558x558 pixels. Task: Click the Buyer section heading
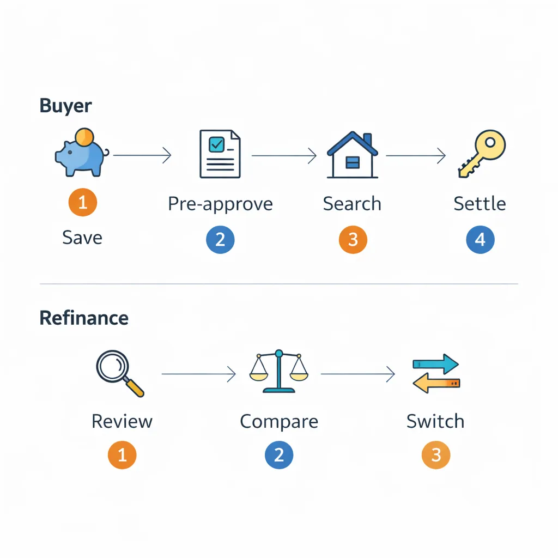[65, 106]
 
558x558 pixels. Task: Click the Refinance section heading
[84, 318]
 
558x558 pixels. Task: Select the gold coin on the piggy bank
[85, 136]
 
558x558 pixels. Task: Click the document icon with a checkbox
[220, 154]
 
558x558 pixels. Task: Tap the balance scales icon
[278, 372]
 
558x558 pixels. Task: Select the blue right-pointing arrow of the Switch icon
[435, 363]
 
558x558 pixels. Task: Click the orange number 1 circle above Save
[83, 203]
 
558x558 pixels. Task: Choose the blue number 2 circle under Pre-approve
[220, 240]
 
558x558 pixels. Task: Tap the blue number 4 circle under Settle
[480, 240]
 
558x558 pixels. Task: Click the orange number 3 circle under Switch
[436, 455]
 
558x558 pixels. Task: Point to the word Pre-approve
[220, 204]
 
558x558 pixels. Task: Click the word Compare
[278, 421]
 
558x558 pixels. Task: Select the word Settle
[480, 204]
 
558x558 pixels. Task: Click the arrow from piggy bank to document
[142, 156]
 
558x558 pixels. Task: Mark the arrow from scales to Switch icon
[357, 374]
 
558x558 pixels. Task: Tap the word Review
[122, 421]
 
